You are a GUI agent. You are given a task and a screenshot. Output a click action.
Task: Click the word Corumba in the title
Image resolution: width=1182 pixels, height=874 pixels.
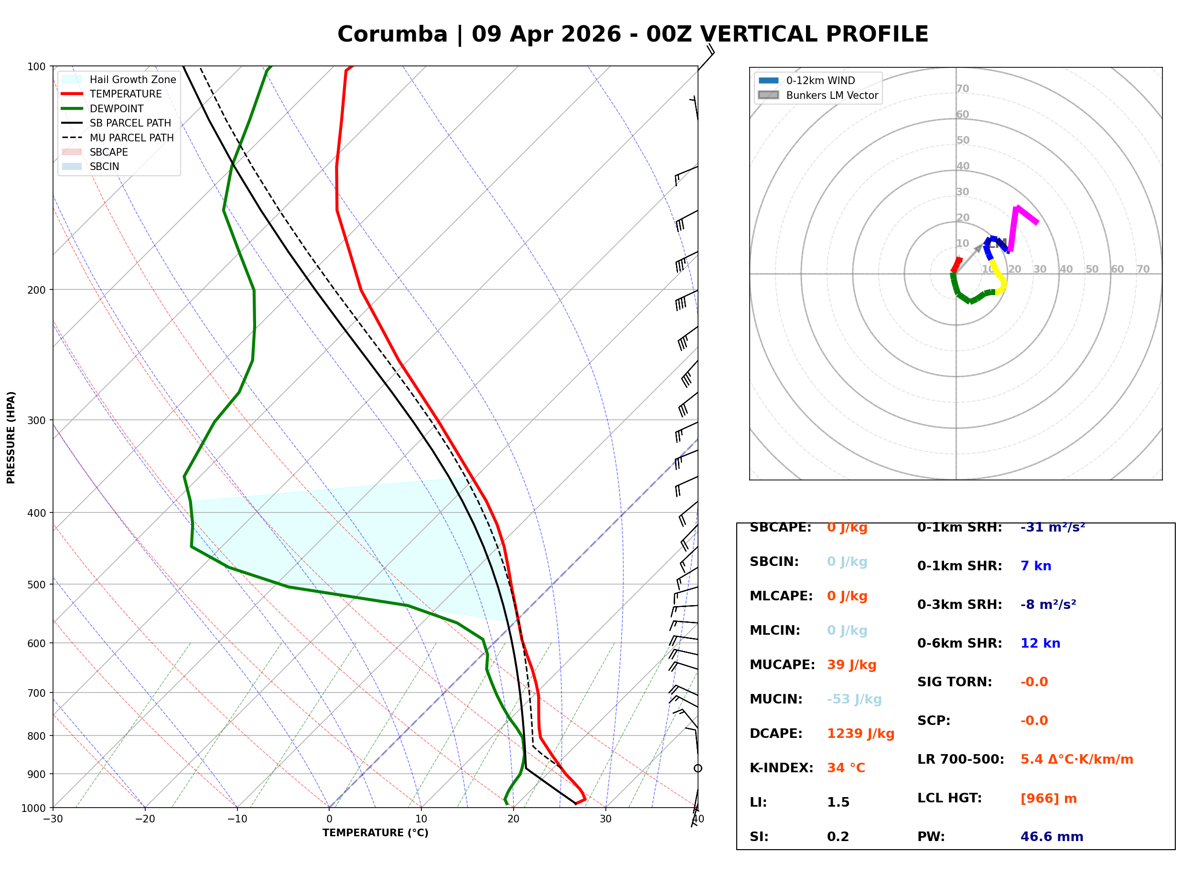392,34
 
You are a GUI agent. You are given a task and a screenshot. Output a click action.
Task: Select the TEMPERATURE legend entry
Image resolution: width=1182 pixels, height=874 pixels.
125,94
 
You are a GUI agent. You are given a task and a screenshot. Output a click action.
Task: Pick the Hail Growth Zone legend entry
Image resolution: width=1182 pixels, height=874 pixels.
132,80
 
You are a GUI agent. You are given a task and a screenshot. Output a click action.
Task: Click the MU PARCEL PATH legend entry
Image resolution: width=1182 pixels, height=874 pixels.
131,138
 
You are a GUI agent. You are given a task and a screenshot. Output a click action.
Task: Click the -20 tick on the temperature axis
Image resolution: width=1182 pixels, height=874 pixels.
145,820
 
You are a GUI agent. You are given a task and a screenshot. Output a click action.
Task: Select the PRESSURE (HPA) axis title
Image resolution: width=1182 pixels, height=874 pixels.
11,437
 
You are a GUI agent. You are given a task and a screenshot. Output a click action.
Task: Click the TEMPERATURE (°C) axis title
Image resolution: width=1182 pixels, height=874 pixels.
375,833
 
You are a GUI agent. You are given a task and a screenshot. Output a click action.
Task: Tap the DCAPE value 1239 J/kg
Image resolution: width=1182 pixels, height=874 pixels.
860,734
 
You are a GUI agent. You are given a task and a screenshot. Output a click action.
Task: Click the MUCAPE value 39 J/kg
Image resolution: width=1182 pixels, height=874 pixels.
851,665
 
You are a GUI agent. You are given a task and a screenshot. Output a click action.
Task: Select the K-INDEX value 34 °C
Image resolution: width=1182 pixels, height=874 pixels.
846,768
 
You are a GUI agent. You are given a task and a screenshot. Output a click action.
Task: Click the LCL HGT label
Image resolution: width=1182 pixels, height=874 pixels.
949,799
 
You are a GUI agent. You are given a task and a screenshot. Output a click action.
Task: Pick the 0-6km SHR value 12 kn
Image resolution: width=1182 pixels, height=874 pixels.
1040,644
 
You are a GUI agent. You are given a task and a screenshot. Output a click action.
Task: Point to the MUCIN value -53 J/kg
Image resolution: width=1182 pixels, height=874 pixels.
854,699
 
